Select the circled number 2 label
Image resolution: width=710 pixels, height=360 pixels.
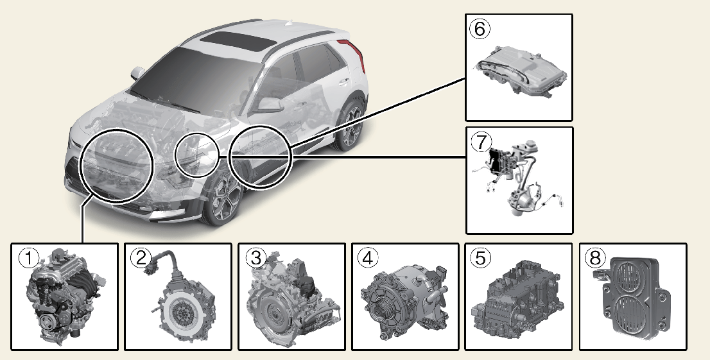click(139, 258)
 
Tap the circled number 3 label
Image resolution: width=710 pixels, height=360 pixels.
click(254, 258)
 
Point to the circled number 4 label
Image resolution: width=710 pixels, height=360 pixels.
click(367, 258)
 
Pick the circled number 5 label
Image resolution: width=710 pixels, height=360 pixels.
click(480, 258)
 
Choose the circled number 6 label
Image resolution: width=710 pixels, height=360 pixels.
click(480, 29)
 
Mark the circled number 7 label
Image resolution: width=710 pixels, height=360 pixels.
click(480, 141)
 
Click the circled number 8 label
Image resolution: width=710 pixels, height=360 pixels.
click(594, 258)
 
